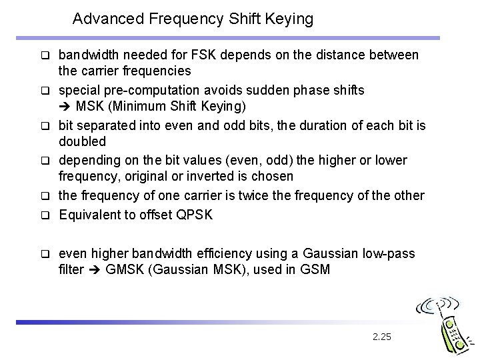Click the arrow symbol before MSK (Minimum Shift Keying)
pos(66,107)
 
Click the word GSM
pos(317,271)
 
